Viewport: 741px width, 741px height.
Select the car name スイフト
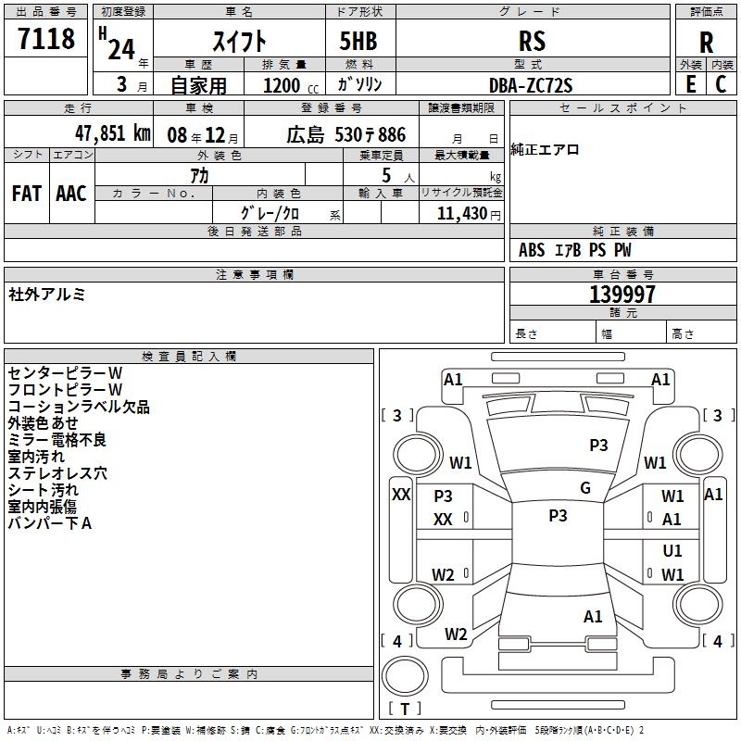[x=240, y=41]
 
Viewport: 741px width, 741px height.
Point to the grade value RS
[x=533, y=41]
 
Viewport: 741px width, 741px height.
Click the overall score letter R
[x=706, y=43]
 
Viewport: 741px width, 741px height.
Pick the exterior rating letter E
[x=690, y=84]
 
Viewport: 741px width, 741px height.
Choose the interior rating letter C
[x=721, y=84]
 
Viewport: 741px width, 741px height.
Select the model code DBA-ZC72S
[x=531, y=85]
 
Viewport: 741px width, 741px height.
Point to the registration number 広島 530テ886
[x=345, y=134]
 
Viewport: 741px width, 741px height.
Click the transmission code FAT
[x=27, y=194]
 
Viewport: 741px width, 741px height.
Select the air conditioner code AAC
[x=70, y=194]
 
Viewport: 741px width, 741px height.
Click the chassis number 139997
[x=622, y=295]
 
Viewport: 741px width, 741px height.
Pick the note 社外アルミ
[x=47, y=294]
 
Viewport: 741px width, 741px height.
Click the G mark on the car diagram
[x=585, y=488]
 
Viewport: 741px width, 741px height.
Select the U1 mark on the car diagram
[x=672, y=550]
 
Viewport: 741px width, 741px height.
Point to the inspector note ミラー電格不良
[x=57, y=439]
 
